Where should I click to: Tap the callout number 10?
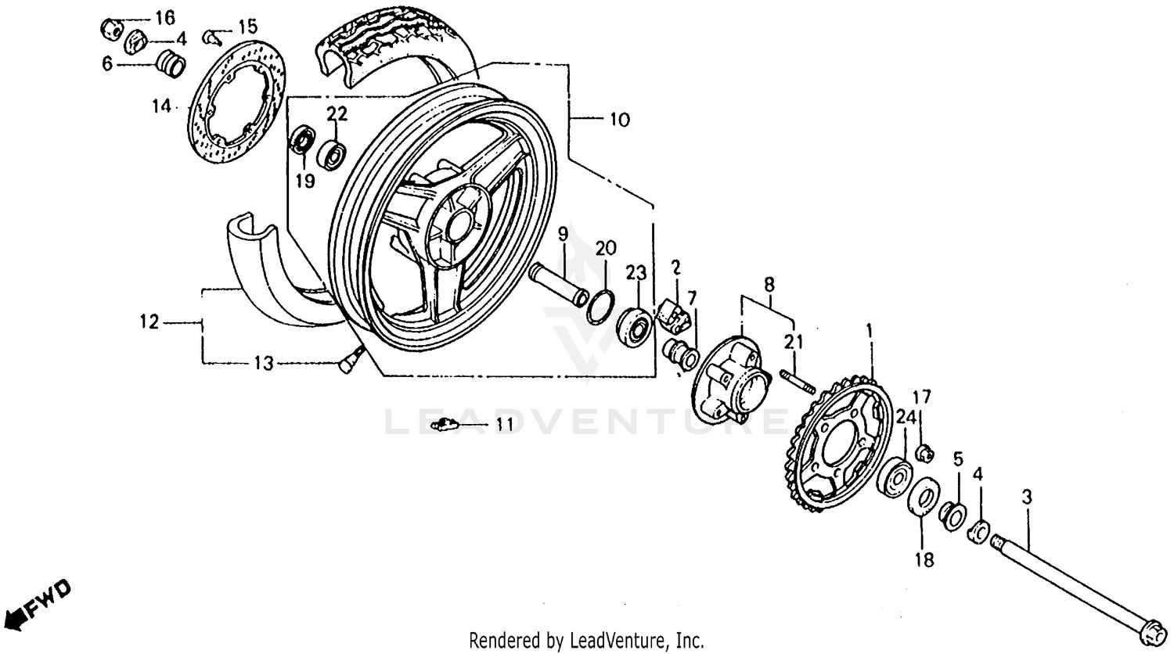tap(618, 120)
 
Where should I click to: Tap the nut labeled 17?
tap(924, 451)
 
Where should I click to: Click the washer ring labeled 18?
tap(924, 498)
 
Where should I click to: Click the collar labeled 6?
tap(171, 63)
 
